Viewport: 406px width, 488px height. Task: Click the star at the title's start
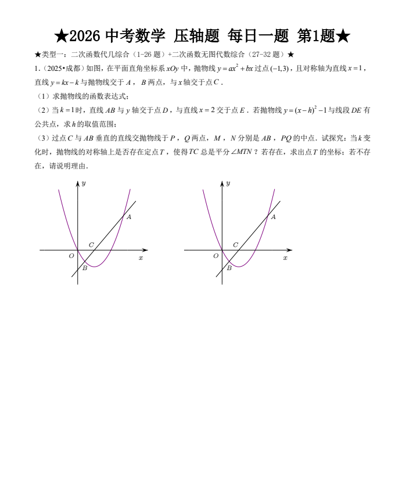click(x=61, y=37)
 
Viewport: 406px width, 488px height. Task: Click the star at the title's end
click(x=343, y=37)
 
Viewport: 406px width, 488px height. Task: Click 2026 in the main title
click(x=86, y=37)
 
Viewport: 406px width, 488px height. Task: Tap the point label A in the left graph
click(x=129, y=217)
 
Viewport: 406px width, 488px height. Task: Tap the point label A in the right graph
click(x=273, y=217)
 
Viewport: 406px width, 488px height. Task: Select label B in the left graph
click(x=85, y=268)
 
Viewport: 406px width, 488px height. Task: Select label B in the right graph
click(x=229, y=268)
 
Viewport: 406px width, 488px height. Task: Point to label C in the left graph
click(x=91, y=245)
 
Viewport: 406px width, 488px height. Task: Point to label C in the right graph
click(x=235, y=245)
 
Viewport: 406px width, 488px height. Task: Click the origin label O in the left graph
click(x=71, y=256)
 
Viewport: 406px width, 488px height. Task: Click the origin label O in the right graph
click(x=215, y=256)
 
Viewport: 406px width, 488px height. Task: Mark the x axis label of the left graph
click(x=141, y=257)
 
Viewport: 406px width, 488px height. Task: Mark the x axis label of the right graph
click(x=285, y=257)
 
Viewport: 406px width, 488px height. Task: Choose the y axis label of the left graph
click(x=84, y=184)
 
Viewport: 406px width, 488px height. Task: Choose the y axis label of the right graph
click(x=228, y=184)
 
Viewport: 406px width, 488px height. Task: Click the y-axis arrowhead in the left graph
click(x=78, y=184)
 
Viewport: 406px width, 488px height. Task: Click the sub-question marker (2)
click(x=42, y=110)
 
